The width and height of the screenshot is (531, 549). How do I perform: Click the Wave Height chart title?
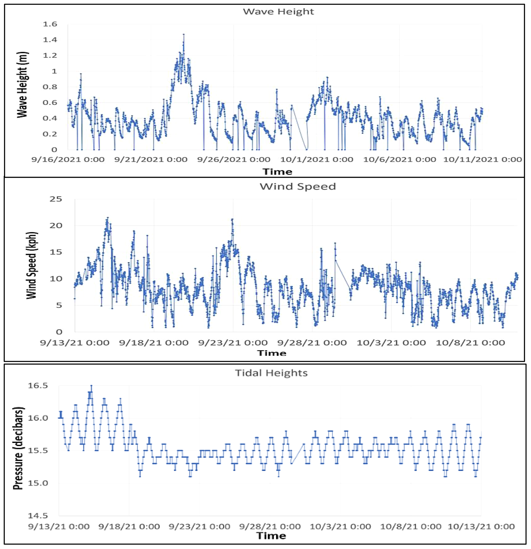(278, 11)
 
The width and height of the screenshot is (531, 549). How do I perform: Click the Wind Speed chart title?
(297, 186)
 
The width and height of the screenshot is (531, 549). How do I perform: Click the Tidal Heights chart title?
(271, 373)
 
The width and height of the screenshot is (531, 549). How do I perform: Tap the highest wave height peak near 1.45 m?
(184, 35)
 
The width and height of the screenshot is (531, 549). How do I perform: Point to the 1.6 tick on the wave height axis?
(50, 24)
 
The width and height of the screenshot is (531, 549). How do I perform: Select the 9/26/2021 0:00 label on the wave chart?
(234, 160)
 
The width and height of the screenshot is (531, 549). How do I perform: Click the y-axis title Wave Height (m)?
(23, 85)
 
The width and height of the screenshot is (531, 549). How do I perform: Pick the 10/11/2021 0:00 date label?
(482, 160)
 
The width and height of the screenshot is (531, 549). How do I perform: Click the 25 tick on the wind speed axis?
(56, 199)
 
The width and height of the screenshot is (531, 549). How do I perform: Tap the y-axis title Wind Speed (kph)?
(32, 265)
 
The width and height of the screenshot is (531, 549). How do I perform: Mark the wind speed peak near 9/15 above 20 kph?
(108, 218)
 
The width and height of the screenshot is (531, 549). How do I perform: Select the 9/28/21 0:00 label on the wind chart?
(312, 343)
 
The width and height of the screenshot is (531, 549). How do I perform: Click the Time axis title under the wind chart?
(272, 353)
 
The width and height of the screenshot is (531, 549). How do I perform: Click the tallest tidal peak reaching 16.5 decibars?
(91, 386)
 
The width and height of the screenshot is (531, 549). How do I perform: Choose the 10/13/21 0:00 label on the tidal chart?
(481, 527)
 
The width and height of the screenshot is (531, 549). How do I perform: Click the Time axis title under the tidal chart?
(271, 536)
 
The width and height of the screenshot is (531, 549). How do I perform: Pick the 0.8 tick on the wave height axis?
(50, 87)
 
